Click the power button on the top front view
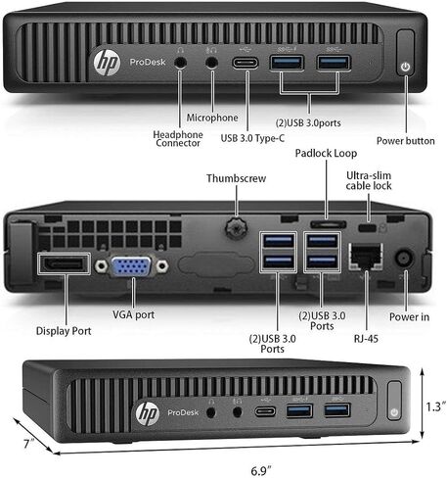click(x=405, y=52)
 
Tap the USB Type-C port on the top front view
click(x=246, y=63)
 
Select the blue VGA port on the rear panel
click(x=131, y=266)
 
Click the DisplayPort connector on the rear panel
click(x=64, y=263)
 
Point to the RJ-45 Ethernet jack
click(x=366, y=257)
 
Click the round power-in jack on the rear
click(x=404, y=258)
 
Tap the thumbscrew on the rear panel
click(x=236, y=227)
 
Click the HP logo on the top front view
click(x=107, y=62)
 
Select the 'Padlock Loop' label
click(x=326, y=153)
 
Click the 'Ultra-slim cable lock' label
click(x=369, y=180)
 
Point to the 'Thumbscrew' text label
click(x=236, y=178)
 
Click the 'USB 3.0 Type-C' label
click(x=252, y=138)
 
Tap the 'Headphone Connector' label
click(x=178, y=139)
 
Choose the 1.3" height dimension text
click(x=436, y=406)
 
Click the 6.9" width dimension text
click(x=261, y=471)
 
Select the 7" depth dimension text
click(x=29, y=444)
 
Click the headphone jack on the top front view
click(x=180, y=63)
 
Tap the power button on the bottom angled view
click(x=394, y=401)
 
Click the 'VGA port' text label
click(x=133, y=314)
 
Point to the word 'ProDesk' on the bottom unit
click(x=183, y=412)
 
